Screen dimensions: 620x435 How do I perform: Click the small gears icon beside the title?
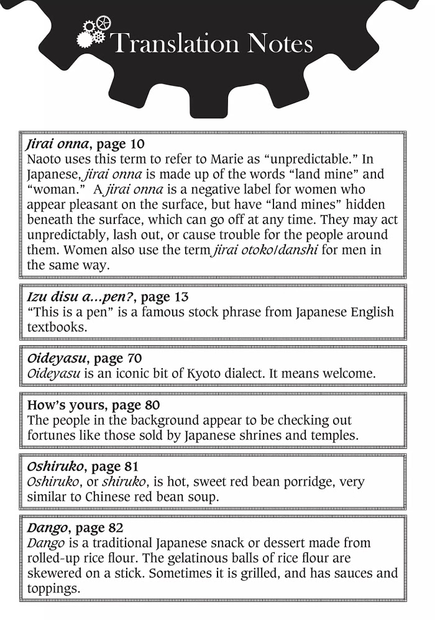click(x=94, y=32)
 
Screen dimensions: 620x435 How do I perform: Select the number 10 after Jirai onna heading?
click(x=136, y=144)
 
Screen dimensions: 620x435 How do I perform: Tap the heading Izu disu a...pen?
click(x=74, y=297)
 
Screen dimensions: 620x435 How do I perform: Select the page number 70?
click(x=134, y=358)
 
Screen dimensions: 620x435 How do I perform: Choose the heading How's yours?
click(x=63, y=405)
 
